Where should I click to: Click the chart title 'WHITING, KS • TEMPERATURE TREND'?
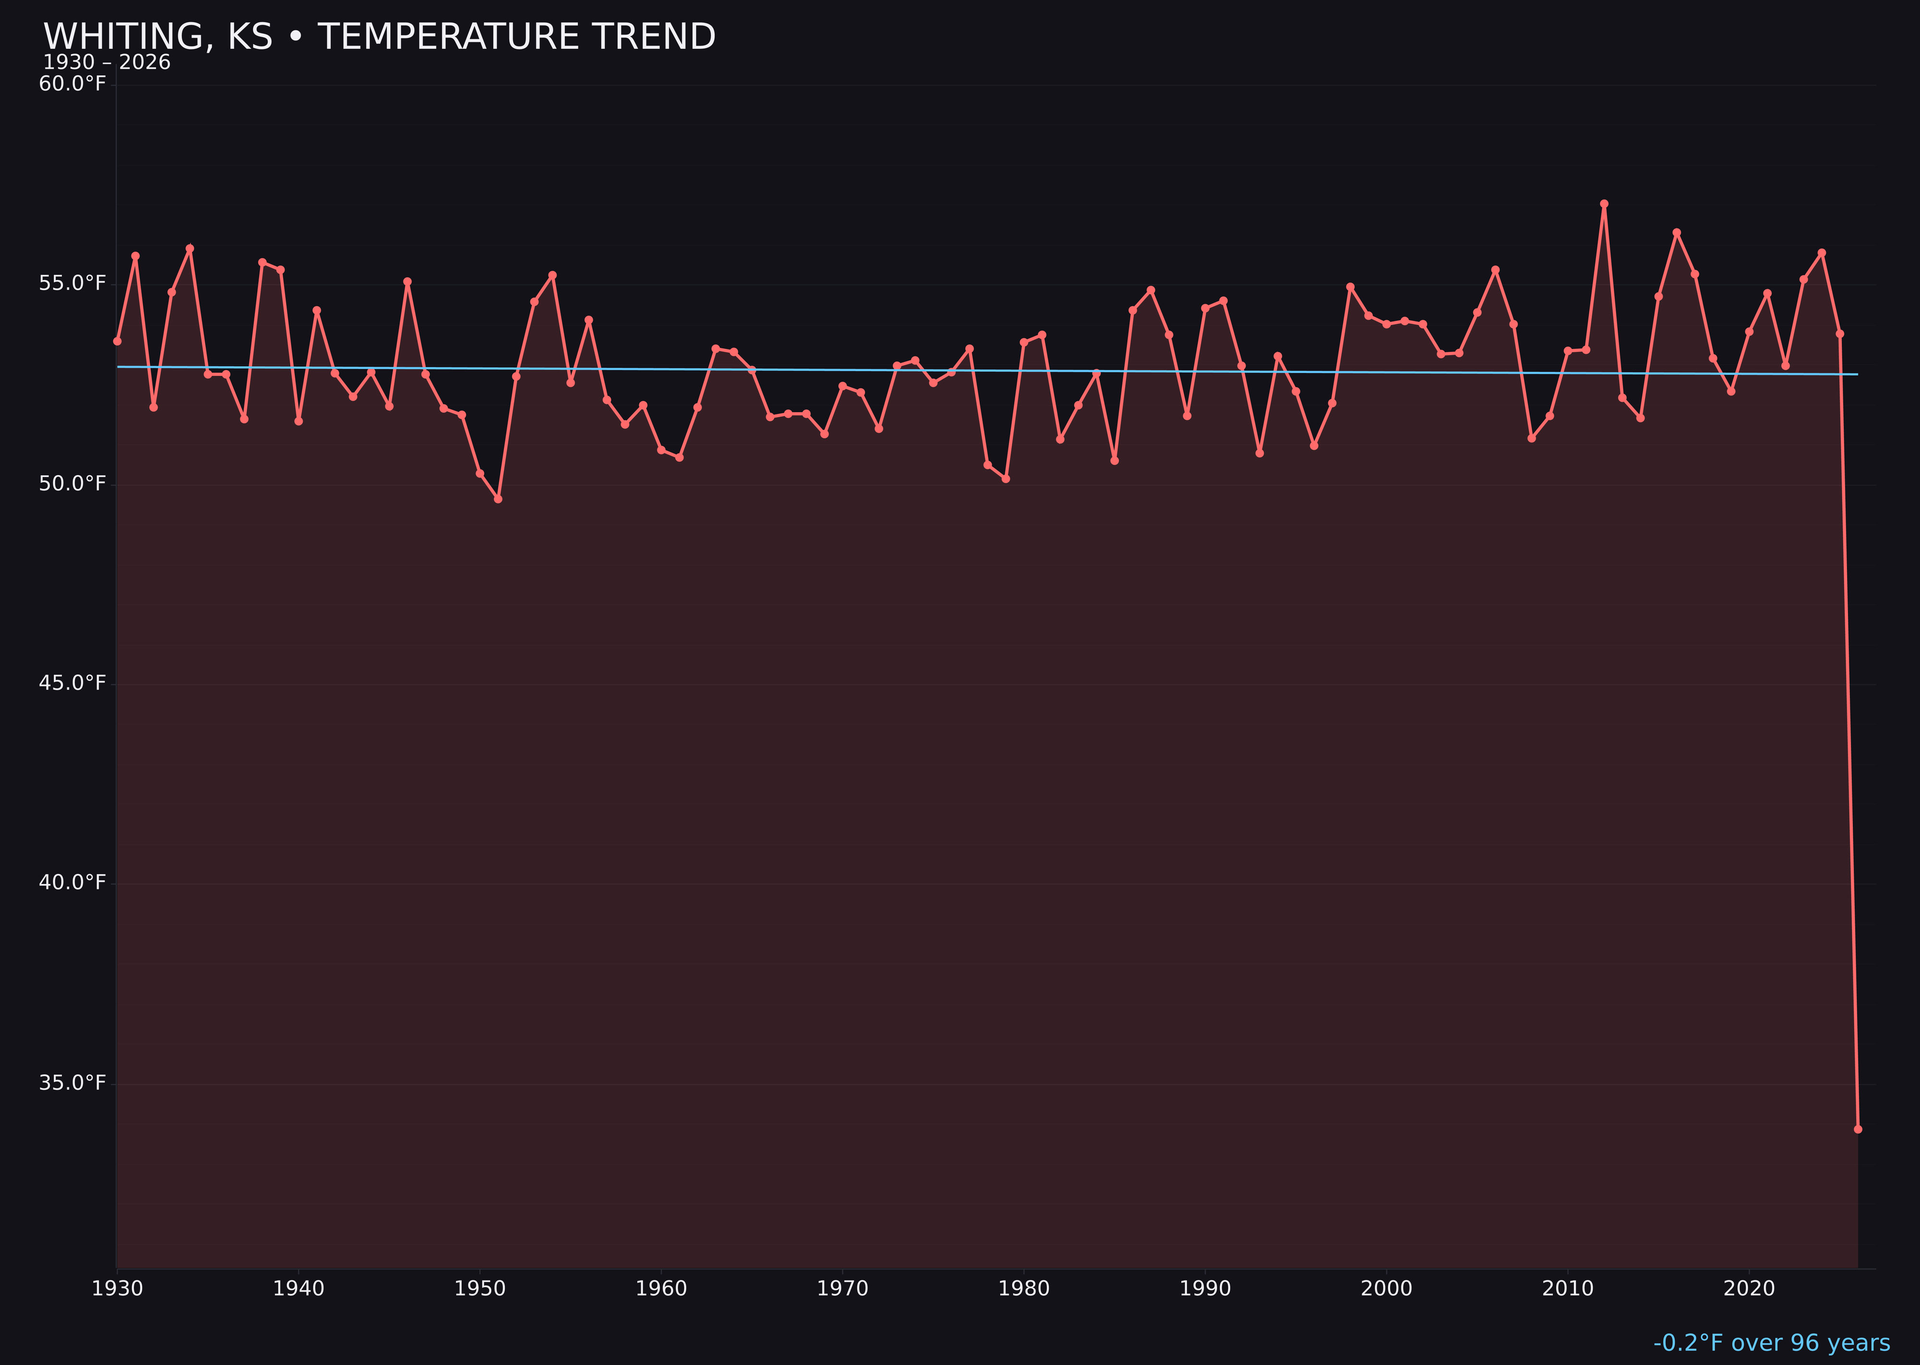coord(379,37)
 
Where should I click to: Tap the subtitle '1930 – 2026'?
coord(107,63)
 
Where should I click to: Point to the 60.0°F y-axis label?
coord(72,84)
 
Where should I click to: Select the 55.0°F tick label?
coord(72,283)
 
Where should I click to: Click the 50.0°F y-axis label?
coord(72,484)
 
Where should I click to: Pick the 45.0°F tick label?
coord(72,683)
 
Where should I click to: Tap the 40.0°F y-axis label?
coord(72,883)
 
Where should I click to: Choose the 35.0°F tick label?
coord(72,1083)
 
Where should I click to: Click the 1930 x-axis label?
coord(118,1289)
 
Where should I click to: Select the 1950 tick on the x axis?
coord(480,1289)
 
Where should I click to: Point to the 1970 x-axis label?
coord(842,1289)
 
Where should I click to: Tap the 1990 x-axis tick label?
coord(1205,1289)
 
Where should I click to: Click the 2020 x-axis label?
coord(1749,1289)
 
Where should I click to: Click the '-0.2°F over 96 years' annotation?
coord(1771,1343)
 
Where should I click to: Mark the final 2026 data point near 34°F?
coord(1858,1129)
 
